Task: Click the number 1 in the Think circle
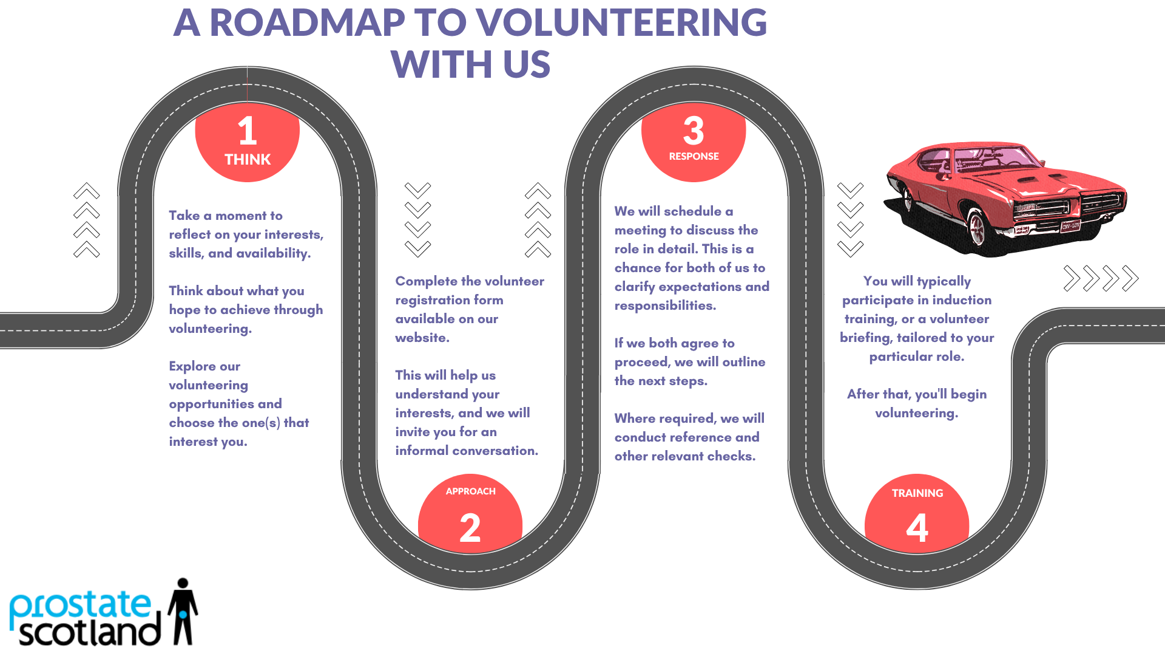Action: pyautogui.click(x=248, y=131)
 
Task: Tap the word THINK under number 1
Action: pyautogui.click(x=248, y=160)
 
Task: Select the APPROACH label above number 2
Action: pyautogui.click(x=471, y=491)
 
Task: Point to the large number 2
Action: pyautogui.click(x=470, y=528)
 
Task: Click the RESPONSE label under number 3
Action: pyautogui.click(x=694, y=156)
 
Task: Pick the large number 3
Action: pyautogui.click(x=694, y=131)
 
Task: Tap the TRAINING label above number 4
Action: pyautogui.click(x=917, y=493)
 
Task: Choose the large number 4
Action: pyautogui.click(x=917, y=528)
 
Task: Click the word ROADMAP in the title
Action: pyautogui.click(x=307, y=22)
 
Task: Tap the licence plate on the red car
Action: pyautogui.click(x=1070, y=226)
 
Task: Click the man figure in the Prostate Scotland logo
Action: pyautogui.click(x=183, y=611)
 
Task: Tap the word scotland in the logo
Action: pyautogui.click(x=90, y=632)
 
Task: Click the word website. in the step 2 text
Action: pyautogui.click(x=422, y=338)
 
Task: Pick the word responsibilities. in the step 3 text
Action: pyautogui.click(x=665, y=306)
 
